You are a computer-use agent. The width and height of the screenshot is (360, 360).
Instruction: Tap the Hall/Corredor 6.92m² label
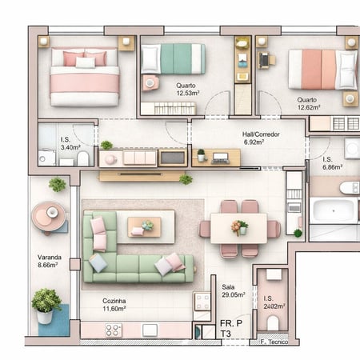click(261, 138)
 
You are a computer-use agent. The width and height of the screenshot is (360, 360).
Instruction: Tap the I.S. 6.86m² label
click(331, 163)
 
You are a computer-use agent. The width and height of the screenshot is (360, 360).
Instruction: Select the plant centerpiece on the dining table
click(239, 227)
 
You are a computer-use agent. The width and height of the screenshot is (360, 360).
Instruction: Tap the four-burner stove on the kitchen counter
click(114, 330)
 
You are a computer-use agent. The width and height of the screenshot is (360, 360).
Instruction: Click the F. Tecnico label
click(273, 342)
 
